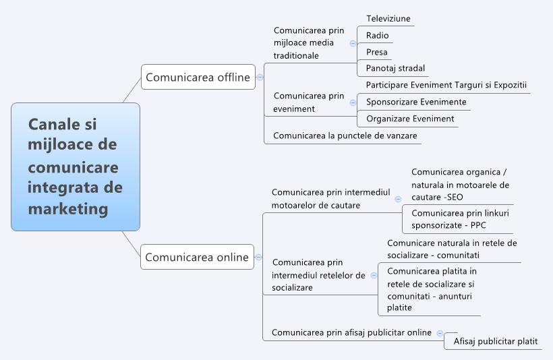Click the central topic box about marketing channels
click(x=75, y=167)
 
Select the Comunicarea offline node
click(x=198, y=78)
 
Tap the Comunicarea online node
click(x=197, y=257)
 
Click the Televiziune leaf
click(x=388, y=19)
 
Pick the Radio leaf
click(x=377, y=35)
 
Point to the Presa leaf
click(x=376, y=52)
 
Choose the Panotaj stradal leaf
click(x=395, y=68)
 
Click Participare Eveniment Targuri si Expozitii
click(x=446, y=85)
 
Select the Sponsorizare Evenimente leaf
click(x=415, y=102)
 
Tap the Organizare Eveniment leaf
click(x=409, y=119)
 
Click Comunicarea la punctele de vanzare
click(x=345, y=136)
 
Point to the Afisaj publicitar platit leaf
click(x=495, y=342)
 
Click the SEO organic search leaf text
click(x=460, y=184)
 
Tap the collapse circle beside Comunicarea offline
click(x=260, y=78)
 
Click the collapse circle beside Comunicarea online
click(x=259, y=257)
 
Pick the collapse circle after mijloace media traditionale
click(x=353, y=43)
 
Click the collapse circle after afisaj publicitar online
click(x=440, y=332)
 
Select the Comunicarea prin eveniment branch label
click(x=308, y=102)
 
